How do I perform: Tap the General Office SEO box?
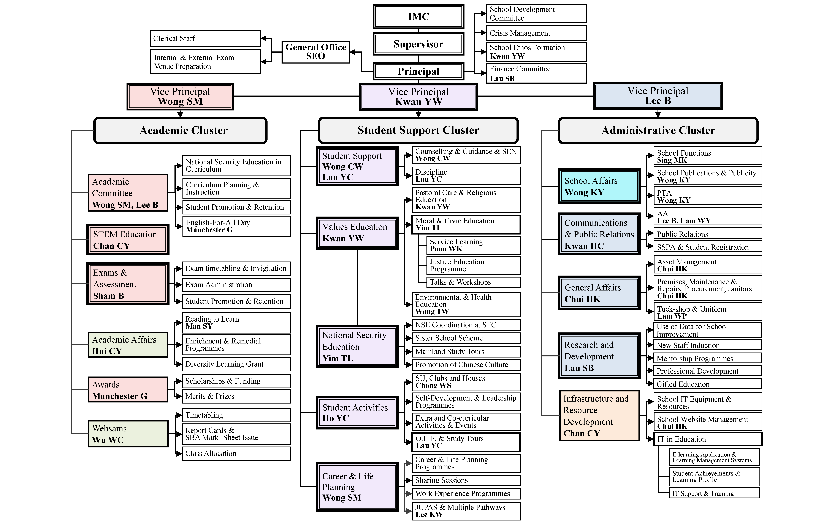coord(315,52)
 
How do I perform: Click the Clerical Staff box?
coord(205,38)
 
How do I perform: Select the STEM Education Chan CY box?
coord(128,240)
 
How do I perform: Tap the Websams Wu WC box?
coord(128,434)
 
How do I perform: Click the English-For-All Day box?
coord(236,226)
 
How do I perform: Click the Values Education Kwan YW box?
coord(357,233)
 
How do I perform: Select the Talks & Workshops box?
coord(473,282)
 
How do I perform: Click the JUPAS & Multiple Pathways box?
coord(466,511)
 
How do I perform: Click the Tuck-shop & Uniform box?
coord(707,312)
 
